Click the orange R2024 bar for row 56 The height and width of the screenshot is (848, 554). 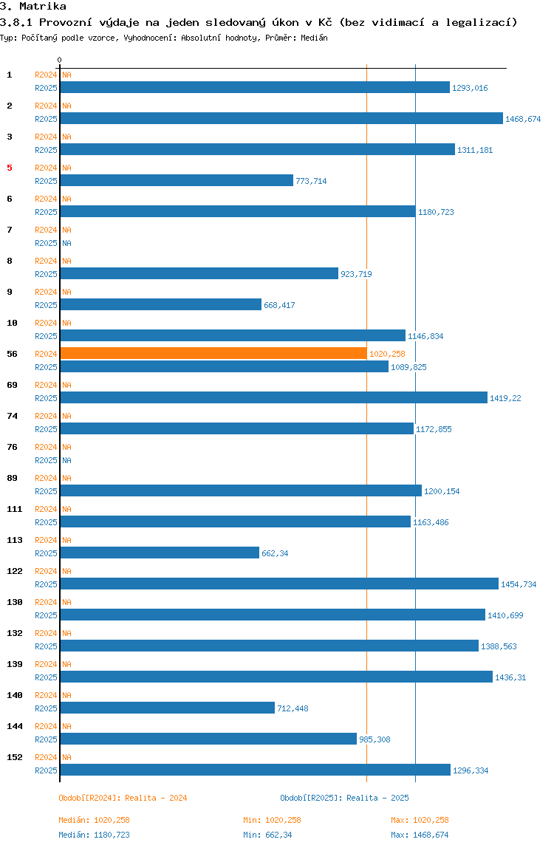click(x=213, y=353)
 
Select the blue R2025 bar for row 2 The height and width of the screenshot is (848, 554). click(x=281, y=118)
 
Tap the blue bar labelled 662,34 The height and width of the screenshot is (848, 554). click(x=160, y=553)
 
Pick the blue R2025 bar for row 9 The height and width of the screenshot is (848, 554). click(x=161, y=304)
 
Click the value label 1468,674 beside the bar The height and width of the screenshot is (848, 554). click(x=523, y=119)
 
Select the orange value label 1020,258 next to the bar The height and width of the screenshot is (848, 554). click(x=387, y=354)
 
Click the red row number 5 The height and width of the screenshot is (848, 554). click(x=10, y=168)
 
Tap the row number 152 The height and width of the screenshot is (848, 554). click(x=14, y=757)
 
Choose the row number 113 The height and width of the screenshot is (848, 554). click(x=14, y=540)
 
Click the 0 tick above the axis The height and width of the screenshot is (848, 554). click(x=60, y=60)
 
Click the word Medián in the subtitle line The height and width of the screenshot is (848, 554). click(x=313, y=37)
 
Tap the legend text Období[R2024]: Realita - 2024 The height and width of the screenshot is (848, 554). click(x=123, y=798)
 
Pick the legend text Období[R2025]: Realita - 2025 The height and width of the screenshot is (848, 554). click(x=344, y=798)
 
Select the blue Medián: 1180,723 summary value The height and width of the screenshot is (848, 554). click(x=95, y=835)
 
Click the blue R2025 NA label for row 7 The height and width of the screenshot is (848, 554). click(x=66, y=243)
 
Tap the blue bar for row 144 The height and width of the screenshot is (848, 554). click(x=208, y=739)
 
